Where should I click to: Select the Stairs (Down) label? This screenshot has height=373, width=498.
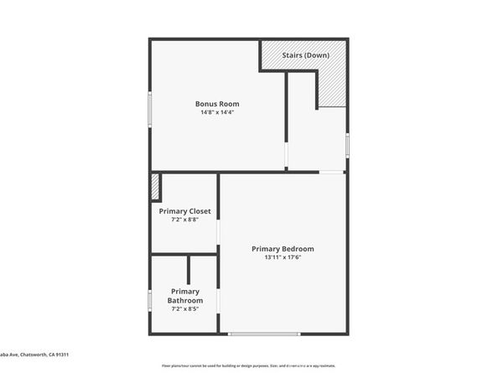pos(305,55)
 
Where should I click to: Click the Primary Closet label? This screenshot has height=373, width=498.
pos(184,211)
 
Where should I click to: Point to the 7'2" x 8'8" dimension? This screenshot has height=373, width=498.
pos(184,220)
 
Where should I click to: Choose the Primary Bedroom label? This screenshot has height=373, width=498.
pos(283,249)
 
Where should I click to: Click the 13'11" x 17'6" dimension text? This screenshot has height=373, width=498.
pos(283,257)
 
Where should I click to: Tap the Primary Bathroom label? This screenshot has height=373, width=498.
pos(184,296)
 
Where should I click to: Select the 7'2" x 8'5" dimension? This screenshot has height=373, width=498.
pos(184,308)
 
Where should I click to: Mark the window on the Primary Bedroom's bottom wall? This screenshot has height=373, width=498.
pos(263,334)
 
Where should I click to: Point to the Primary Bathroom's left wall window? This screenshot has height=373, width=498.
pos(150,299)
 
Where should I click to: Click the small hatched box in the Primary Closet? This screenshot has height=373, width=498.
pos(155,186)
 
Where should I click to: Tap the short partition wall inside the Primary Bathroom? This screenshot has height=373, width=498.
pos(189,270)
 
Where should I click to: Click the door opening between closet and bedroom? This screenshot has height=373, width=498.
pos(219,230)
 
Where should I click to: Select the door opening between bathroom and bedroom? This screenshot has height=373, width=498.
pos(219,299)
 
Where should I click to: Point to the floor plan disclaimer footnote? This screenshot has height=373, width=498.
pos(248,365)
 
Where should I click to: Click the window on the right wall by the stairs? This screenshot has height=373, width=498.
pos(347,143)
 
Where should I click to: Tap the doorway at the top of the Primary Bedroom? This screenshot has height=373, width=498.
pos(331,172)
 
